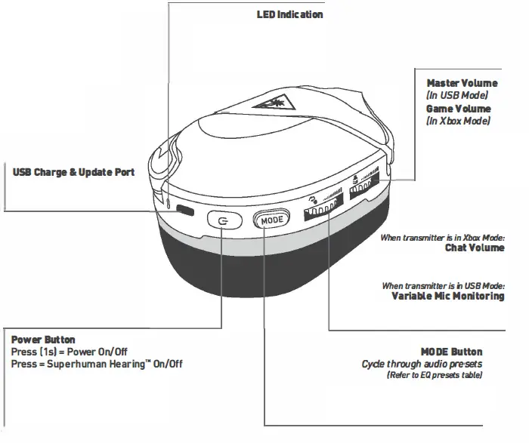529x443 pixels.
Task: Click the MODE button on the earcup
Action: coord(270,220)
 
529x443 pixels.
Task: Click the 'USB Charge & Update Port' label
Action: coord(73,173)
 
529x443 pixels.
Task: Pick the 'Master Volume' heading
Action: coord(462,82)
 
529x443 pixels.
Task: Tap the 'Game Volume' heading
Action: coord(458,109)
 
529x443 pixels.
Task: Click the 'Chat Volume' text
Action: coord(475,248)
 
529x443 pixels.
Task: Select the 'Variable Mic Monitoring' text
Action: coord(447,296)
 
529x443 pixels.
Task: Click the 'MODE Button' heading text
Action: coord(451,352)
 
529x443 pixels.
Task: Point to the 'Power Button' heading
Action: coord(44,340)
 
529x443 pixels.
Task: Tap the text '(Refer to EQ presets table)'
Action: coord(434,375)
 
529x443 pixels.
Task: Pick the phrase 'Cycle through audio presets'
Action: coord(422,365)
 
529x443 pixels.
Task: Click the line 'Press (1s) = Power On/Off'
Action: coord(70,352)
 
